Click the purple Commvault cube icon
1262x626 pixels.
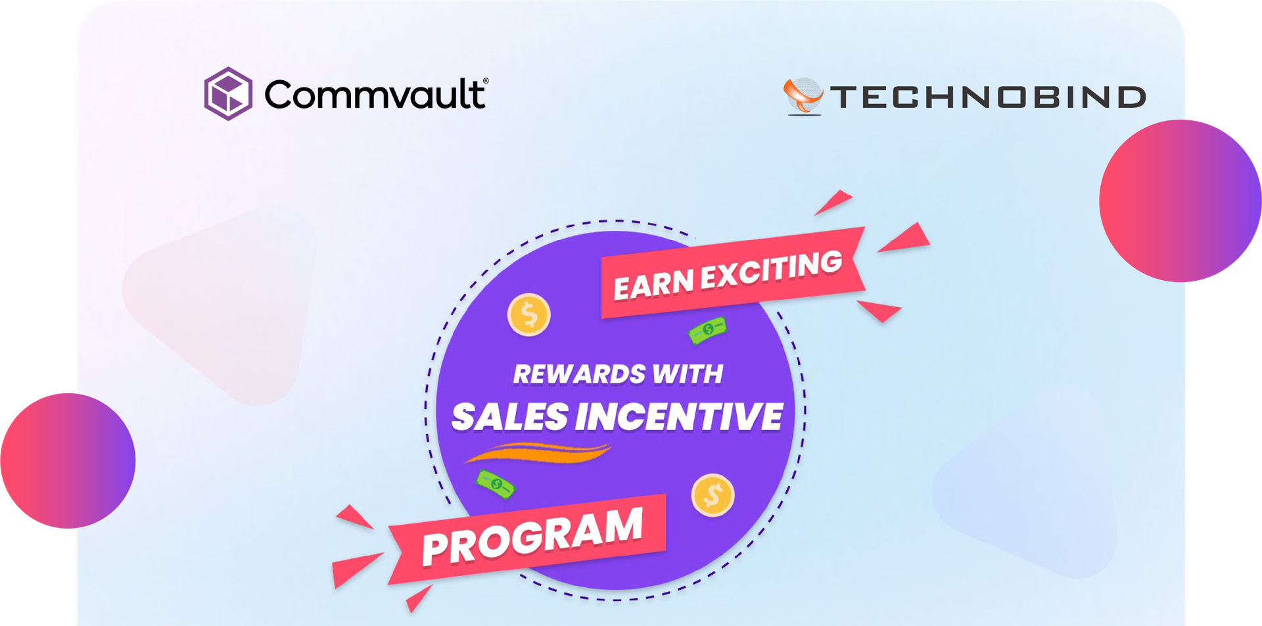point(228,93)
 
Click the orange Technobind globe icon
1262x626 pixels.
point(803,96)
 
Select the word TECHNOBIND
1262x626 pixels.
point(988,97)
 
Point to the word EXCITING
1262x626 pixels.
point(771,269)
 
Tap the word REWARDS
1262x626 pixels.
point(579,374)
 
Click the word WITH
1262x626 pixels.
point(688,374)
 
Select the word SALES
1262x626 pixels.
point(510,417)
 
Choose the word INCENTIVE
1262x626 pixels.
point(679,417)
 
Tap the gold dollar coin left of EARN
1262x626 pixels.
point(529,315)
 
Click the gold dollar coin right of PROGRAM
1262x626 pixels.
point(713,495)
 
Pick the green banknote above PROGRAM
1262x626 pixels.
point(496,485)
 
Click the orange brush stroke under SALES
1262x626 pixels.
point(539,452)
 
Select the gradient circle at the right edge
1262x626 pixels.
point(1180,201)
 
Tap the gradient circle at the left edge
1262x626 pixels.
point(68,460)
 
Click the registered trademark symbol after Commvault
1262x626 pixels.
point(486,81)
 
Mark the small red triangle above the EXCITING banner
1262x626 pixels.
point(835,201)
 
